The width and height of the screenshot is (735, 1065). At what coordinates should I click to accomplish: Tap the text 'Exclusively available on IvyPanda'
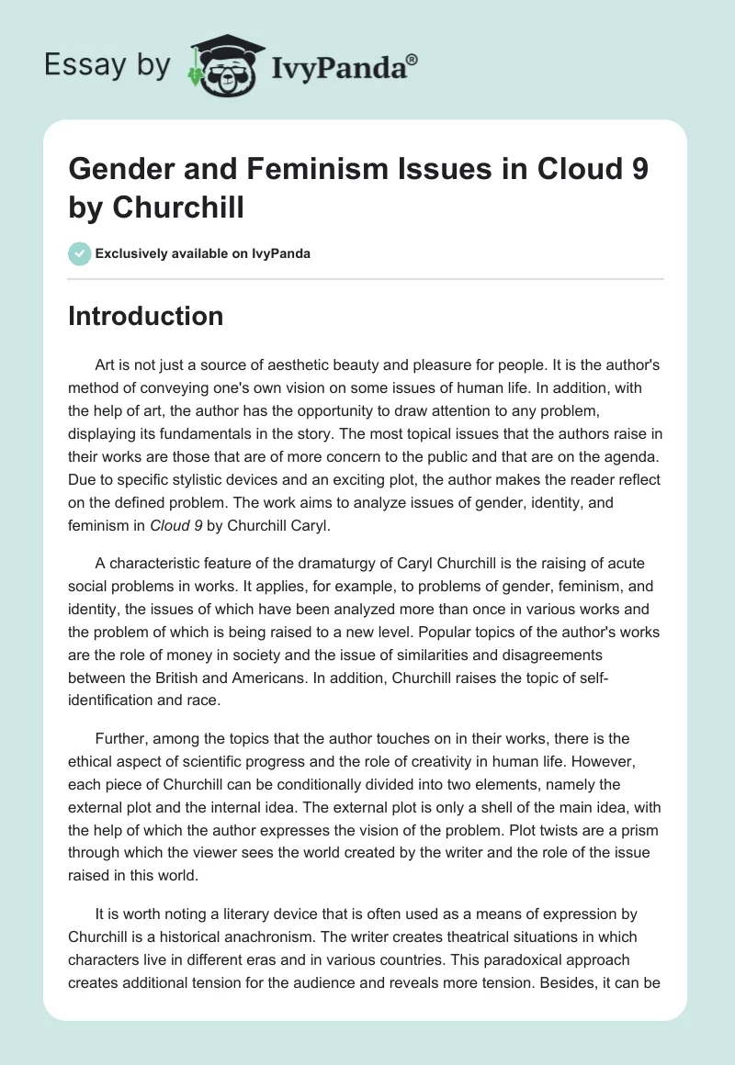pos(202,253)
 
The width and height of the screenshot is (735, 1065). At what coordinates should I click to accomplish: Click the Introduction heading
pos(145,316)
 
